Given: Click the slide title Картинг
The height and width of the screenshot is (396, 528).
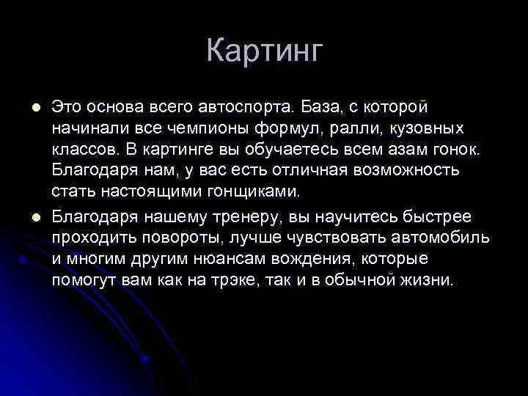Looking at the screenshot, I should click(x=264, y=51).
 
